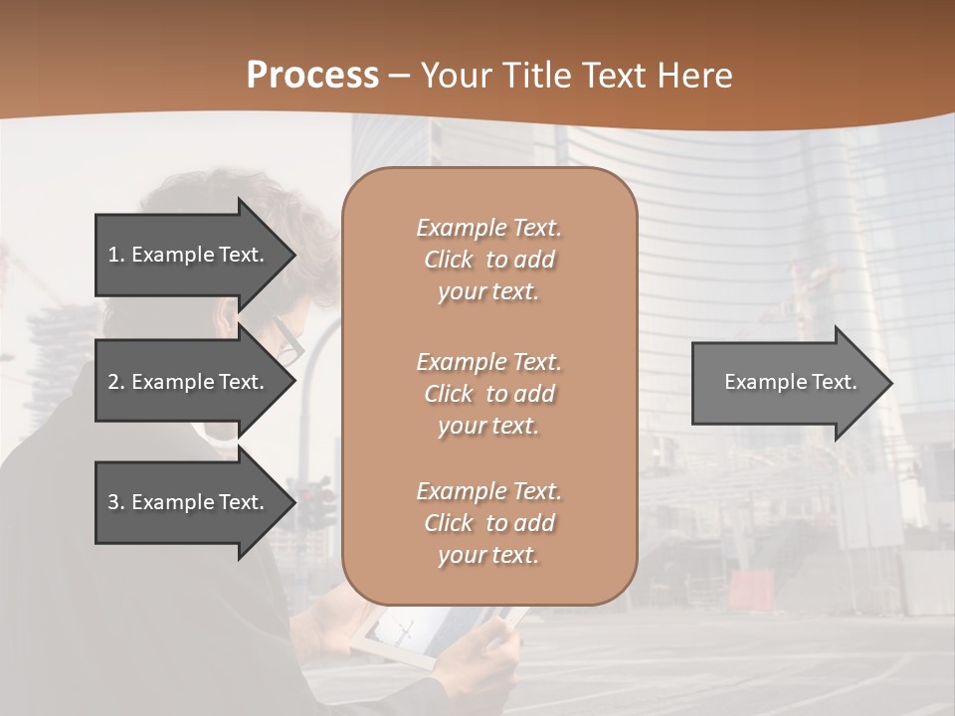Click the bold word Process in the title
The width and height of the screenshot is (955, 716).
click(312, 76)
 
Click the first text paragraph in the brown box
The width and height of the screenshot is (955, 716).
click(488, 260)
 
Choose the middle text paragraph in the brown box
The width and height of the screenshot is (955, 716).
click(488, 394)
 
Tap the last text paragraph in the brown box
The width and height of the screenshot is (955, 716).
click(488, 523)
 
